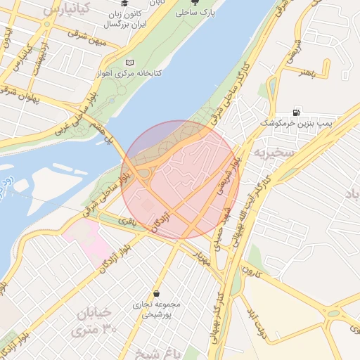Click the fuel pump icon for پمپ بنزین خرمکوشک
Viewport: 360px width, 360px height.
297,112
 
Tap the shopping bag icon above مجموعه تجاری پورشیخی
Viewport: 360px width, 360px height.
155,293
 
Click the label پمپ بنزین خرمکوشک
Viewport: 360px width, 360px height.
295,124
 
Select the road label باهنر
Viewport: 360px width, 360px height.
314,71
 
